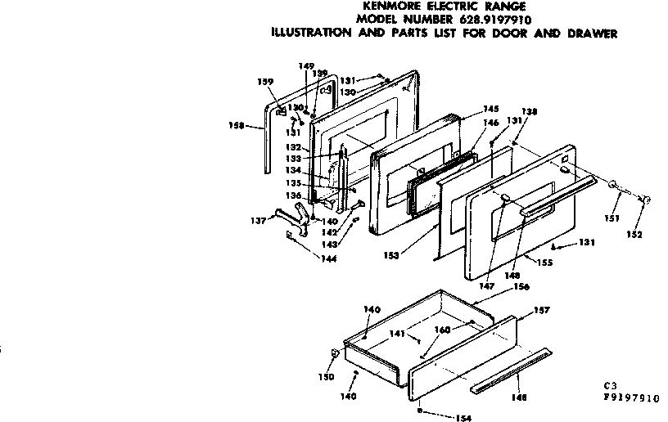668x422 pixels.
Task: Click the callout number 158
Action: [x=235, y=125]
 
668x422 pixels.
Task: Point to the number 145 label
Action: [x=491, y=109]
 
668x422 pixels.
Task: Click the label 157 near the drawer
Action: [x=542, y=309]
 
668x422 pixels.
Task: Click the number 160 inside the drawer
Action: [x=443, y=330]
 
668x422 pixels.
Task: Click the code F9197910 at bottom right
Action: [x=625, y=398]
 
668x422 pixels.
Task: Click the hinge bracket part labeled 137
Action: [x=293, y=219]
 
